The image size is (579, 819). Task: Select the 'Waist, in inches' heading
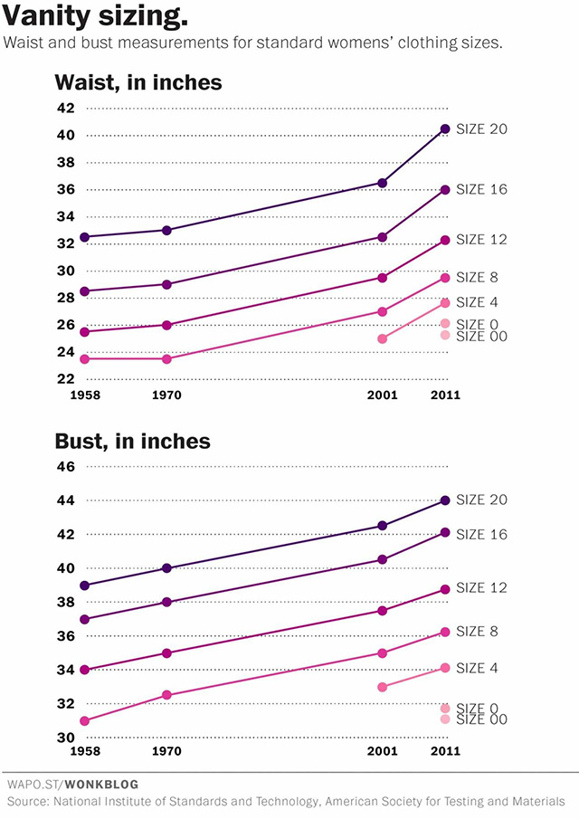tap(138, 82)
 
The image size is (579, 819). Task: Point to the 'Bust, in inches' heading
tap(132, 441)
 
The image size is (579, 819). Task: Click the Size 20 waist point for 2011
tap(445, 129)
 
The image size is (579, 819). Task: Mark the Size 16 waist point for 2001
tap(383, 237)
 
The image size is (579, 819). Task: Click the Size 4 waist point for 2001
tap(383, 338)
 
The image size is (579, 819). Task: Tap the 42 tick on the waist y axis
tap(65, 109)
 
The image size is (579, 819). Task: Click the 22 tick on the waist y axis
tap(65, 379)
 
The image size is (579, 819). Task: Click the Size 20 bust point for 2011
tap(445, 500)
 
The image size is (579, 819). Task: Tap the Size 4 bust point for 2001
tap(383, 687)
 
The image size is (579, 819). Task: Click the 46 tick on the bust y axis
tap(65, 467)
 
